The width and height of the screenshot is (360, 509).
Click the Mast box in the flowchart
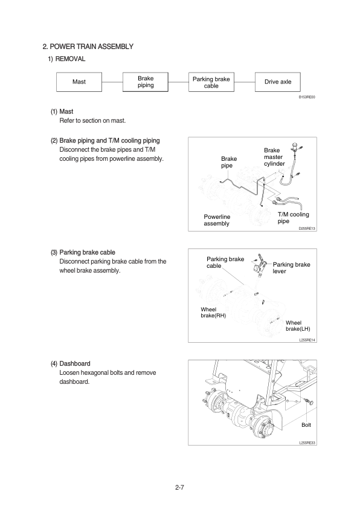(79, 82)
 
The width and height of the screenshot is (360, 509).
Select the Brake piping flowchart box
(146, 82)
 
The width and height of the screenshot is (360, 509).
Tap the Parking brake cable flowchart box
(211, 82)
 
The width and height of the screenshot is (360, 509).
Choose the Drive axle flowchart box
(278, 82)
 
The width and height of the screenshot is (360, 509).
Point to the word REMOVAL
(71, 59)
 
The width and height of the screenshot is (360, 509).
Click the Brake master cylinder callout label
(274, 157)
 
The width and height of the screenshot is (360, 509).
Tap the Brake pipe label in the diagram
(229, 162)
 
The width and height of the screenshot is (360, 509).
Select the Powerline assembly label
(217, 220)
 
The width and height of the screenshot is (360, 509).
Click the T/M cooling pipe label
(293, 218)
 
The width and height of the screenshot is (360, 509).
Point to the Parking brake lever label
(291, 268)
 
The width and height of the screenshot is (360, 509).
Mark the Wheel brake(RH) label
(213, 313)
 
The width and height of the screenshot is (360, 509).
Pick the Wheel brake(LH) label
(298, 326)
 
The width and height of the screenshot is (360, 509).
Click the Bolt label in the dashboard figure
(306, 425)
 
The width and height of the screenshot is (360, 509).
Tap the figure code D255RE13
(307, 229)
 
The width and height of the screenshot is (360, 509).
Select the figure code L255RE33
(307, 443)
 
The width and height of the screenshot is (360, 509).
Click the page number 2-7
(179, 487)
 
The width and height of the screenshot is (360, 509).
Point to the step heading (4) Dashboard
(71, 363)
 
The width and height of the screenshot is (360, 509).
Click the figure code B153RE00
(307, 97)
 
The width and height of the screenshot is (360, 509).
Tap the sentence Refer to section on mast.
(92, 121)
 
